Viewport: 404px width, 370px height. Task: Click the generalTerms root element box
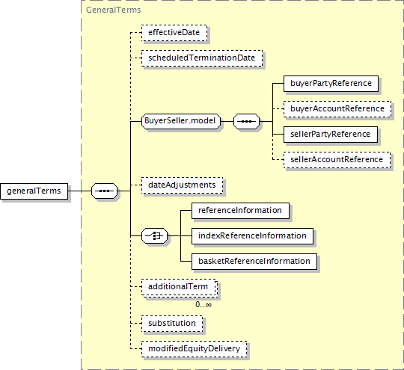pos(34,191)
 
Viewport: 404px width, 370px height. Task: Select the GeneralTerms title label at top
pos(114,10)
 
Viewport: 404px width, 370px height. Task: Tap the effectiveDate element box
pos(174,33)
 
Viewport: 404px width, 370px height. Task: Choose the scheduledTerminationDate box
pos(202,58)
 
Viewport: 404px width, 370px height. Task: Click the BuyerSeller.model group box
pos(181,121)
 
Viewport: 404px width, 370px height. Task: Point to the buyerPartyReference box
pos(331,84)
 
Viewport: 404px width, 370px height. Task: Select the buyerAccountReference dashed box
pos(337,109)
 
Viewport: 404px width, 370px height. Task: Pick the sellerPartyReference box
pos(331,135)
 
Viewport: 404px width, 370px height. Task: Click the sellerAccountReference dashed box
pos(337,160)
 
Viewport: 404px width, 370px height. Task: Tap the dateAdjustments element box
pos(182,185)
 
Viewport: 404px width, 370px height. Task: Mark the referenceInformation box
pos(240,211)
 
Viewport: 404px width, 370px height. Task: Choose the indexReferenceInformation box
pos(253,236)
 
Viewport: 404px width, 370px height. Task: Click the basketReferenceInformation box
pos(254,262)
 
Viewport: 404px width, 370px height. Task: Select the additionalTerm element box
pos(179,287)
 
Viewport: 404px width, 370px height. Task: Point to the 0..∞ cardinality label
pos(203,305)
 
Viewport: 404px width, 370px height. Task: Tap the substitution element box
pos(172,324)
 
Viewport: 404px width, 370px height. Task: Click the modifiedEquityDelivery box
pos(195,349)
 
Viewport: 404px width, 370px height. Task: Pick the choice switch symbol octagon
pos(154,235)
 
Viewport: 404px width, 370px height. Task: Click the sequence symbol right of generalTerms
pos(104,191)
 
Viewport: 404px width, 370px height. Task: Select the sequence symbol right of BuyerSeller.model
pos(247,121)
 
